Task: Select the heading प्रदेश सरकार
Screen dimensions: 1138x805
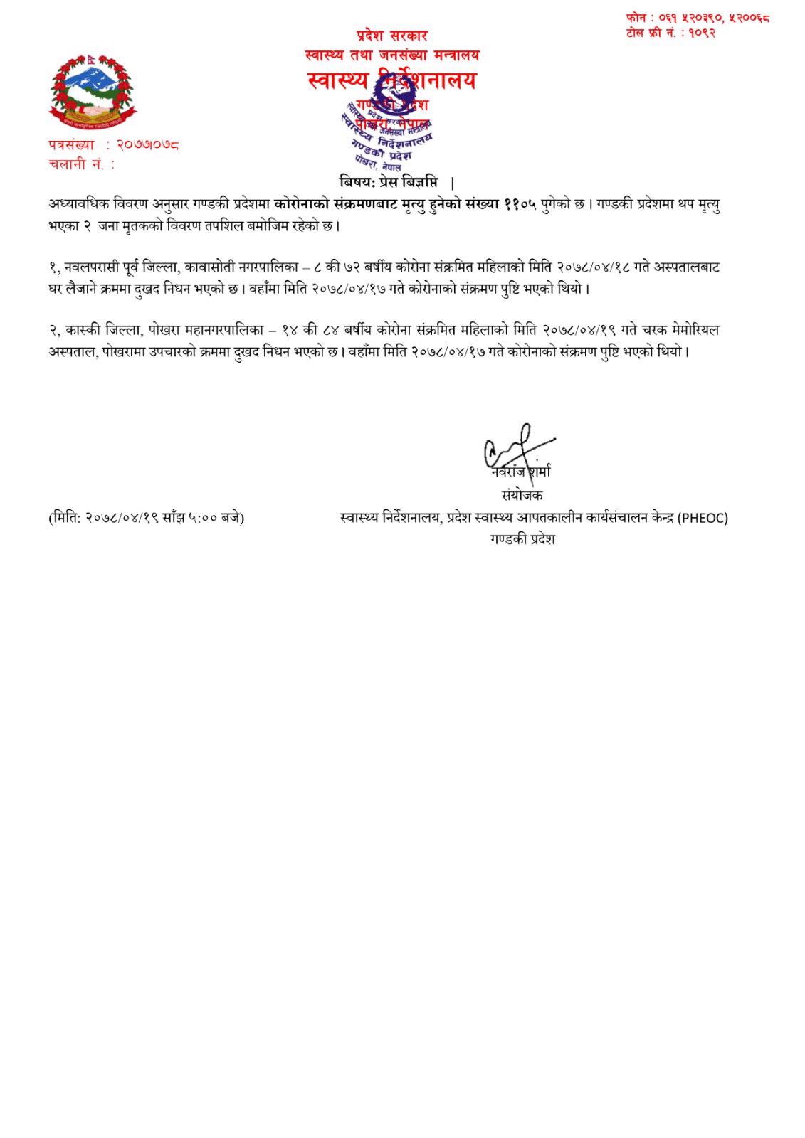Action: click(x=392, y=36)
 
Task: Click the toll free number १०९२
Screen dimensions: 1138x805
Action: click(x=701, y=32)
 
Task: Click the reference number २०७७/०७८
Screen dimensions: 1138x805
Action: click(x=147, y=145)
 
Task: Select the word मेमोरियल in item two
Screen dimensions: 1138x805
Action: click(x=693, y=331)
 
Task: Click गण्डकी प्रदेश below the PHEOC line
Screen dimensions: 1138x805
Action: click(x=522, y=539)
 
